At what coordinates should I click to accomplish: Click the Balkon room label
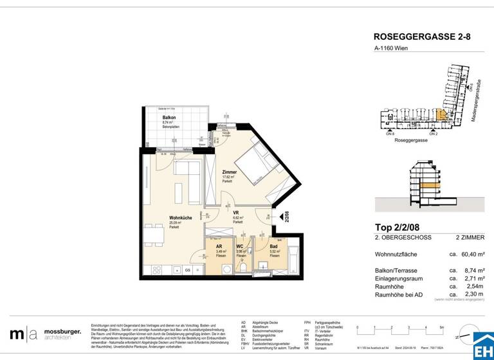click(169, 118)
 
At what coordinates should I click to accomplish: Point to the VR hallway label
click(236, 213)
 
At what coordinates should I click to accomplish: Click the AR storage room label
click(219, 246)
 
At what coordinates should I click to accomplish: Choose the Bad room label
click(273, 246)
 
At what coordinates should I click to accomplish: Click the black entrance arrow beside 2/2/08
click(276, 217)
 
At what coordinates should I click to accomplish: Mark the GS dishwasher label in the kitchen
click(187, 271)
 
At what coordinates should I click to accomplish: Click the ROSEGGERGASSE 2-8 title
click(421, 37)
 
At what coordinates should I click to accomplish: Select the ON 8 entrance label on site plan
click(390, 134)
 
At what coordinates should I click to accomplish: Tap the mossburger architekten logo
click(45, 334)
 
